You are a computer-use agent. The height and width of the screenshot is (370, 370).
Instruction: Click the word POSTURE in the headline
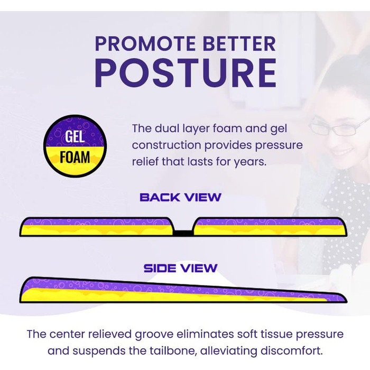[x=186, y=73]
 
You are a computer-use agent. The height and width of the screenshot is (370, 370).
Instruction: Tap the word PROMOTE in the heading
[x=145, y=44]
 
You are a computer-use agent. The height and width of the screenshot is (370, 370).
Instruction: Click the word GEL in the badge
[x=75, y=136]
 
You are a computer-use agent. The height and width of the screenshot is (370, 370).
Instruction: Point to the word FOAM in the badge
[x=75, y=157]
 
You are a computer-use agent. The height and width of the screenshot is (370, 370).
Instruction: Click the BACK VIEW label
[x=181, y=197]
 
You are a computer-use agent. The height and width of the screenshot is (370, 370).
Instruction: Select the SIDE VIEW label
[x=181, y=268]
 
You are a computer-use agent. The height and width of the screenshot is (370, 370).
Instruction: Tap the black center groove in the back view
[x=183, y=233]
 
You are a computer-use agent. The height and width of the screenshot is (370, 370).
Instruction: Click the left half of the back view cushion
[x=97, y=227]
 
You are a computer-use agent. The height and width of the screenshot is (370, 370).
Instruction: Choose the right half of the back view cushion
[x=270, y=227]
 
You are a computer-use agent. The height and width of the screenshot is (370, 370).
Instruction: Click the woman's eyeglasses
[x=337, y=127]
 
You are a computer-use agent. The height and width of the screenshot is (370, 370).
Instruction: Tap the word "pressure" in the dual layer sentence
[x=279, y=145]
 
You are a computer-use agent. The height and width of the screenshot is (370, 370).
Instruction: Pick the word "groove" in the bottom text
[x=154, y=335]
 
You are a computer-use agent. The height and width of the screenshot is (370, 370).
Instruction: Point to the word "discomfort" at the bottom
[x=292, y=351]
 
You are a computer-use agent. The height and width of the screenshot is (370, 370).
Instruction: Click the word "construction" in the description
[x=166, y=145]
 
